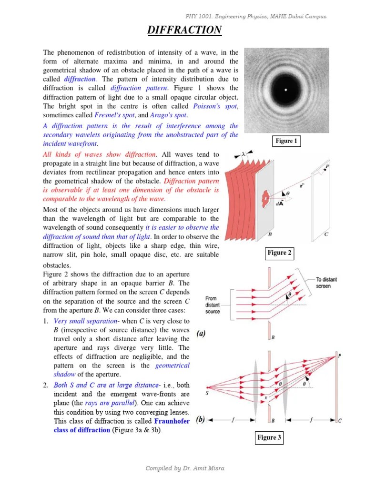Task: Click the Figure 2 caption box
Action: [279, 253]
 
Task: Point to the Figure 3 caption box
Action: [269, 437]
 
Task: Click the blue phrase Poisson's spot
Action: [215, 106]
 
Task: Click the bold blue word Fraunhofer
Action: [172, 421]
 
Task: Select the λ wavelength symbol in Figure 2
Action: [244, 154]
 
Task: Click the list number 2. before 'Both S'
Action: [46, 385]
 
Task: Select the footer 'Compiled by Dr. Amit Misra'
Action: [184, 468]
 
